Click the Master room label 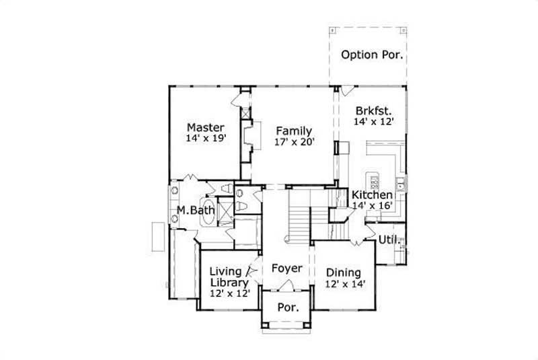pos(205,127)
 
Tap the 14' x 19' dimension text pos(205,139)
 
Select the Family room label pos(294,131)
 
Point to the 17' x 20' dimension pos(294,142)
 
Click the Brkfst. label pos(373,110)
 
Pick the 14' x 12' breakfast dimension pos(373,122)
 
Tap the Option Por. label pos(372,55)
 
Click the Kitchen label pos(372,194)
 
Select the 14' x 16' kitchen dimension pos(372,206)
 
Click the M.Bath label pos(196,211)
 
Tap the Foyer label pos(286,268)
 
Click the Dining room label pos(344,273)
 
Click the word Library pos(229,283)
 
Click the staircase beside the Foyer pos(299,219)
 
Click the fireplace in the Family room pos(252,135)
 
